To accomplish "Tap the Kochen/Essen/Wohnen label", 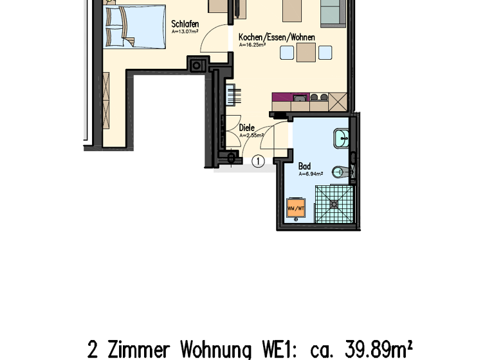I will tap(277, 37).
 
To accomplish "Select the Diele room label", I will tap(246, 128).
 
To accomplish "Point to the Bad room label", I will tap(304, 166).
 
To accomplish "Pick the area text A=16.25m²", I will tap(252, 46).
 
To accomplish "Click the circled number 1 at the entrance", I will tap(258, 161).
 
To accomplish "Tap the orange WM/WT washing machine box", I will tap(297, 208).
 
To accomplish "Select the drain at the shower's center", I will tap(334, 204).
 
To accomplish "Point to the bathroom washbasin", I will tap(341, 137).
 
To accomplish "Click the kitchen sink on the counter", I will tap(300, 98).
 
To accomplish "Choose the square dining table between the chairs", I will tap(306, 52).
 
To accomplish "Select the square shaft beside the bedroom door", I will tap(197, 64).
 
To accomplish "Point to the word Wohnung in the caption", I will tap(215, 350).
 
